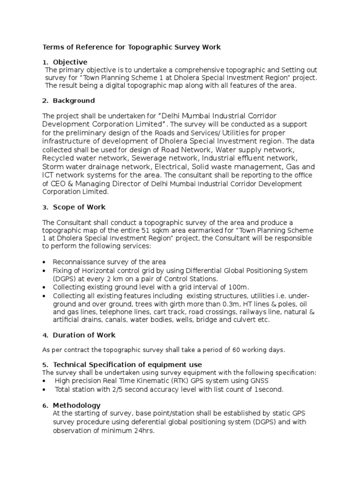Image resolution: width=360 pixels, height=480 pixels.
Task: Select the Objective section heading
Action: pyautogui.click(x=70, y=62)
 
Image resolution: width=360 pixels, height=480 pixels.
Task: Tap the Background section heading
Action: pyautogui.click(x=74, y=101)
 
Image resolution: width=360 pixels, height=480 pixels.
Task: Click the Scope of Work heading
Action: pyautogui.click(x=79, y=207)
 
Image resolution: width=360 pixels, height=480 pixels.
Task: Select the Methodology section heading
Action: pyautogui.click(x=76, y=405)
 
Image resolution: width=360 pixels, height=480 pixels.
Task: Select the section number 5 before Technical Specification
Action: pyautogui.click(x=45, y=365)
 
